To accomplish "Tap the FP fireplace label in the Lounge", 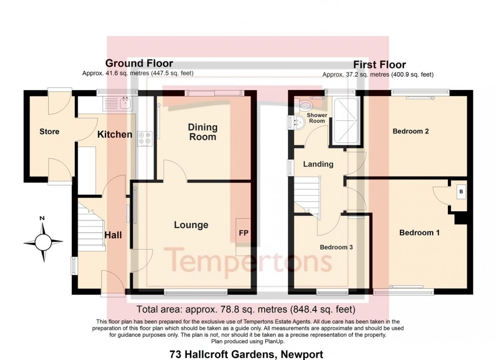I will point(243,234).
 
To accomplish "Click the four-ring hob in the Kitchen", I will point(144,139).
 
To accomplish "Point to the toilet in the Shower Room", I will point(305,106).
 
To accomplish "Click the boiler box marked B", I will point(460,192).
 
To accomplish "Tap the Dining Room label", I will point(202,132).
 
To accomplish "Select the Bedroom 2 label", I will point(411,131).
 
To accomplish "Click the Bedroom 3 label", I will point(336,248).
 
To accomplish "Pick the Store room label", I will point(50,131).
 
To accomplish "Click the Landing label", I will point(318,164).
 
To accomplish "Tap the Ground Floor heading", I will point(139,63).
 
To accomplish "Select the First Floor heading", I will point(379,65).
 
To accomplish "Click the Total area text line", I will point(246,309).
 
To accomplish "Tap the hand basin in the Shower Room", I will point(295,121).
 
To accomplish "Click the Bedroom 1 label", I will point(419,233).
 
